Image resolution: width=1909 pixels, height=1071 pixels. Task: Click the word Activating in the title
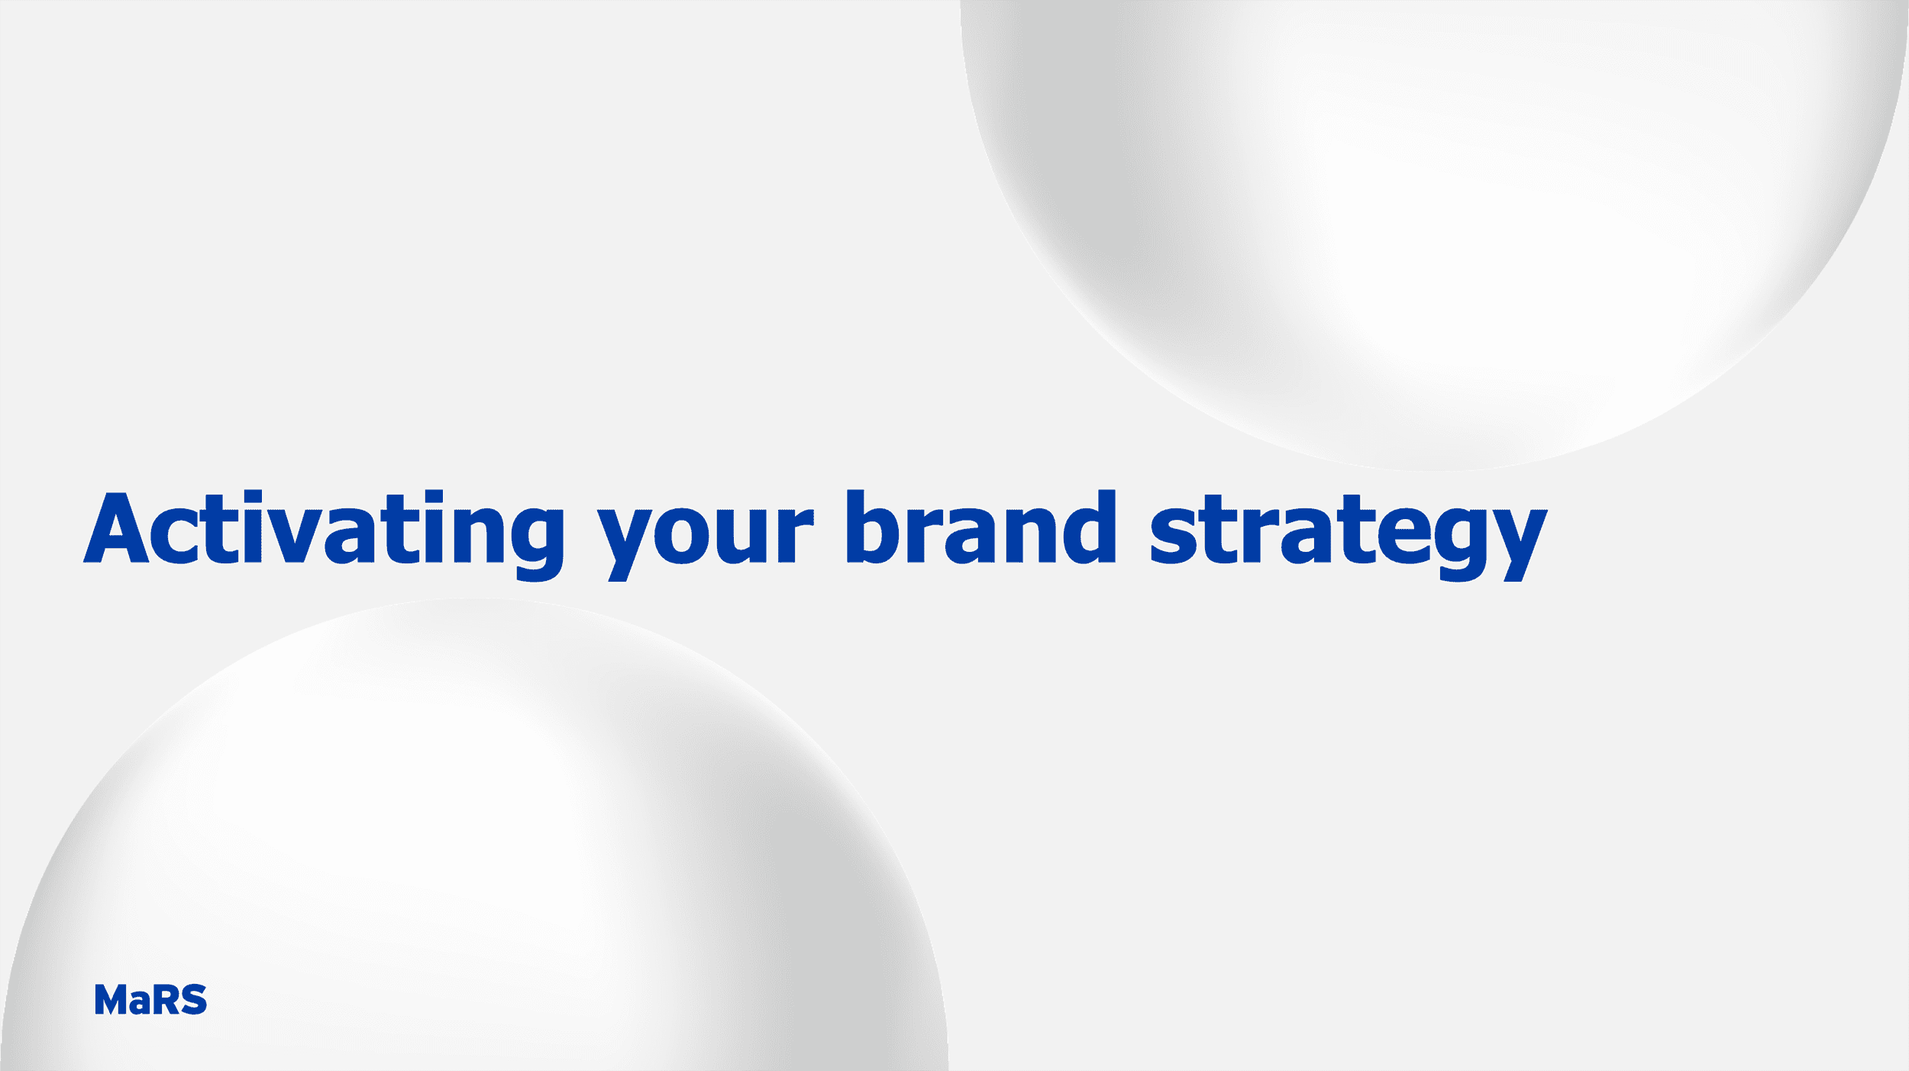tap(325, 534)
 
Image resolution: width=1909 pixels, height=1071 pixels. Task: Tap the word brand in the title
tap(981, 527)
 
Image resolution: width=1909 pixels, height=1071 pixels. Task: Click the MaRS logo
tap(150, 999)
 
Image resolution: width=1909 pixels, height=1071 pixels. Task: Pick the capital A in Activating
tap(116, 527)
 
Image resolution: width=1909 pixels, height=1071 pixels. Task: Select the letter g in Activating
tap(538, 543)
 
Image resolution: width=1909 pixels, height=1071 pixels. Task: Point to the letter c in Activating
tap(174, 534)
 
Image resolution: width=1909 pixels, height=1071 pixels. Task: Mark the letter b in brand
tap(874, 527)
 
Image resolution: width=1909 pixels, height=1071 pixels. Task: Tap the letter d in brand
tap(1089, 527)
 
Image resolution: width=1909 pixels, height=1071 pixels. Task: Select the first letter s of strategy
tap(1174, 534)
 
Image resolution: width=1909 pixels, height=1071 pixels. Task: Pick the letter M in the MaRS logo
tap(111, 999)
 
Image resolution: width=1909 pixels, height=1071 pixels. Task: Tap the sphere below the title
tap(473, 840)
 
